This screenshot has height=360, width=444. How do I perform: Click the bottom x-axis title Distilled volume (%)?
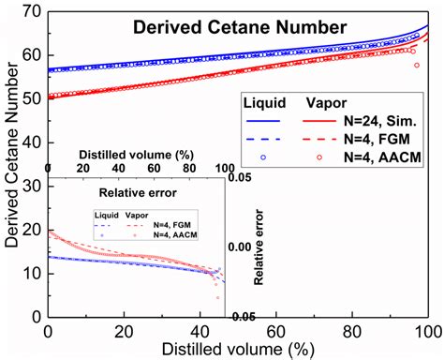click(x=238, y=349)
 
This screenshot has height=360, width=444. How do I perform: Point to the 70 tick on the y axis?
click(x=35, y=10)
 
